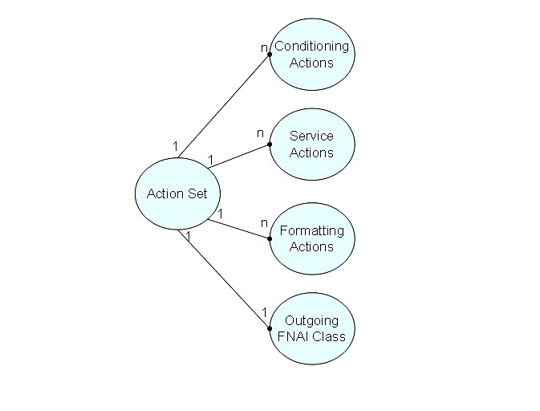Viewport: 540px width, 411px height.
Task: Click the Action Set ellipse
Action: tap(177, 193)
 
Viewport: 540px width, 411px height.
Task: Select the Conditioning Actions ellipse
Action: tap(311, 54)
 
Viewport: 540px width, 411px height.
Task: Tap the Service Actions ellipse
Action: tap(311, 144)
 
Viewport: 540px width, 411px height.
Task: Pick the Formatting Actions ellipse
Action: tap(311, 238)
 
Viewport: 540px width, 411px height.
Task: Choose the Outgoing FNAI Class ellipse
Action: tap(311, 328)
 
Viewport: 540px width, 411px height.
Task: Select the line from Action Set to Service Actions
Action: tap(238, 156)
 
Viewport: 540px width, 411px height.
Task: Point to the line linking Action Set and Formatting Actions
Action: tap(238, 227)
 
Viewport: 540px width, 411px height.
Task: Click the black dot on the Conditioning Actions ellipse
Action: tap(270, 55)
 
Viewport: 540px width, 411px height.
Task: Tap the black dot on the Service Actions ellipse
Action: tap(270, 144)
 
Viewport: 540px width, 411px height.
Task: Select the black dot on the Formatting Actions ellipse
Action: tap(270, 238)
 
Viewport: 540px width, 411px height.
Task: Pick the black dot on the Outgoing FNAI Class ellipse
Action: tap(270, 328)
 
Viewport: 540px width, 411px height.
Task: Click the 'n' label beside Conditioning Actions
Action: tap(263, 48)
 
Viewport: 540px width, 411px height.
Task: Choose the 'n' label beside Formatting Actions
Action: tap(263, 222)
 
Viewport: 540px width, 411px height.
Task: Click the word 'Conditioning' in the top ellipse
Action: tap(311, 47)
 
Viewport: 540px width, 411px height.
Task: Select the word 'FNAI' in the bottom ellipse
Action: tap(293, 336)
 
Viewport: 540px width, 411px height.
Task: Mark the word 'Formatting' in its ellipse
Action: tap(311, 231)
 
